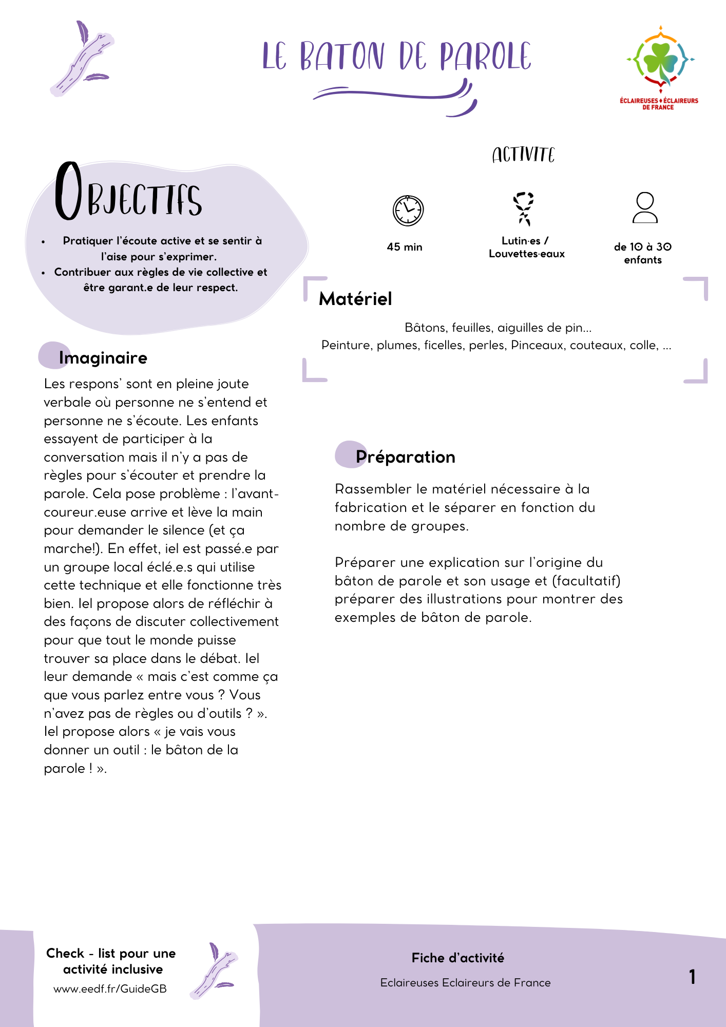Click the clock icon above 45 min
pyautogui.click(x=408, y=211)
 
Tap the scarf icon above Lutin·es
pyautogui.click(x=524, y=208)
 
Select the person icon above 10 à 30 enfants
pyautogui.click(x=645, y=207)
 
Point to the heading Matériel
pyautogui.click(x=355, y=299)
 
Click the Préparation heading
pyautogui.click(x=405, y=457)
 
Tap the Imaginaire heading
pyautogui.click(x=103, y=358)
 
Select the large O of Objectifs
pyautogui.click(x=68, y=191)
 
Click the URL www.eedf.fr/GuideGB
pyautogui.click(x=110, y=989)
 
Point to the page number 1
pyautogui.click(x=692, y=977)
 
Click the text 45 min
pyautogui.click(x=405, y=247)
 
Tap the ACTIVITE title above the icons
pyautogui.click(x=523, y=155)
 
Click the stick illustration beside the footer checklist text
pyautogui.click(x=214, y=971)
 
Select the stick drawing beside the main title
pyautogui.click(x=82, y=59)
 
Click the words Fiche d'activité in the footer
pyautogui.click(x=457, y=958)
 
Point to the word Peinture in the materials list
pyautogui.click(x=347, y=345)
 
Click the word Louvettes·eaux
pyautogui.click(x=526, y=254)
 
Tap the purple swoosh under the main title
pyautogui.click(x=395, y=96)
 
